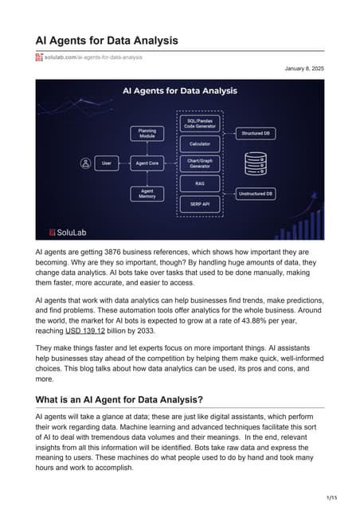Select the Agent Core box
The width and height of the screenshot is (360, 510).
click(x=147, y=163)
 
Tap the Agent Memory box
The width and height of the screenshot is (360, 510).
click(x=147, y=194)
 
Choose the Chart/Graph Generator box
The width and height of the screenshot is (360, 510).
click(x=200, y=163)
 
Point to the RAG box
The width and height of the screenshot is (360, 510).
click(x=200, y=182)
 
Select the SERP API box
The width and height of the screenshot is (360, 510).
click(x=200, y=202)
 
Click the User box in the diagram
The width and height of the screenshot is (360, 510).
click(x=106, y=163)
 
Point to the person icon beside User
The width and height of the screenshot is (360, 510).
click(x=85, y=163)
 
